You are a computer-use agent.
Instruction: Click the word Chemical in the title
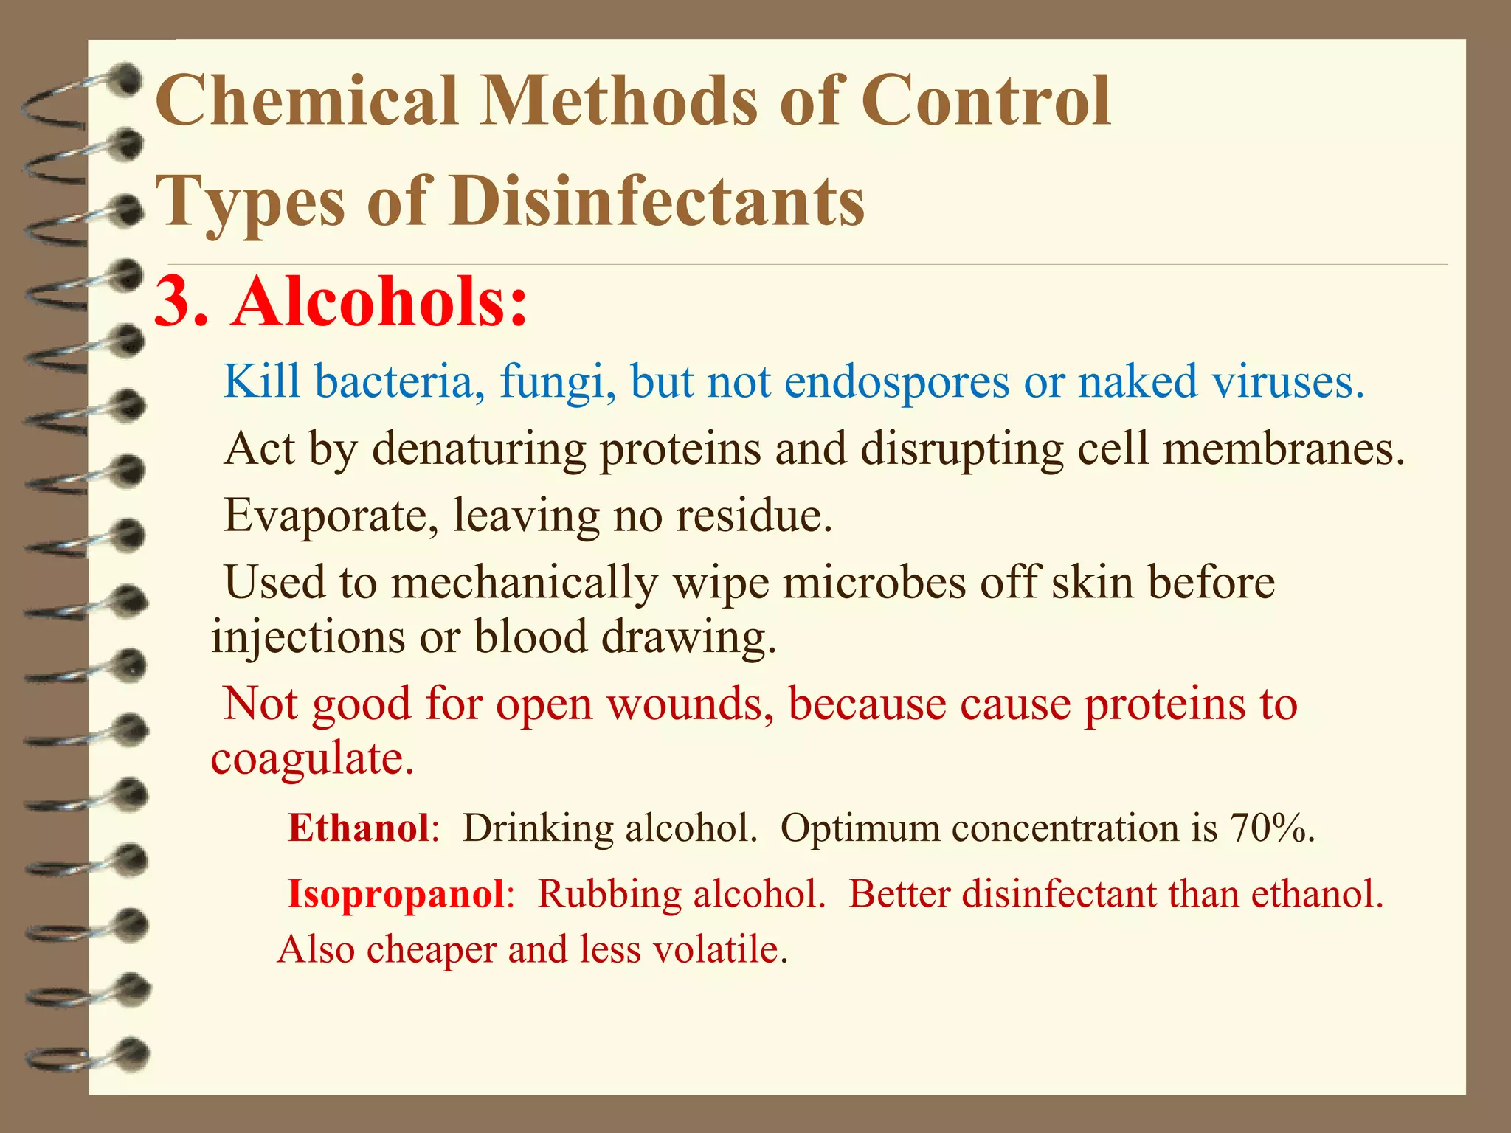[x=307, y=101]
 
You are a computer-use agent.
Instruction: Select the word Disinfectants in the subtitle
[x=657, y=201]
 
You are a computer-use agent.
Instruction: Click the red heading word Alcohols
[x=379, y=302]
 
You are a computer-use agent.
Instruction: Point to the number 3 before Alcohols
[x=177, y=302]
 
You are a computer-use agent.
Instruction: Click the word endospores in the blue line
[x=896, y=382]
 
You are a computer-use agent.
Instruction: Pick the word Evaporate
[x=325, y=515]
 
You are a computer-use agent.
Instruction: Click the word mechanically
[x=524, y=583]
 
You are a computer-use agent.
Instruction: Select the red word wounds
[x=690, y=704]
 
